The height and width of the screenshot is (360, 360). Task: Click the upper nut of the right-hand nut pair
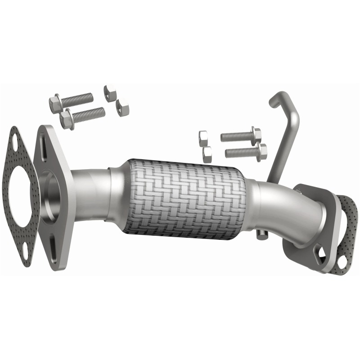click(203, 137)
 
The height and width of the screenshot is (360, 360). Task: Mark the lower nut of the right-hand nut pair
click(207, 154)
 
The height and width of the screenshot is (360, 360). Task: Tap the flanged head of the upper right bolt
click(256, 134)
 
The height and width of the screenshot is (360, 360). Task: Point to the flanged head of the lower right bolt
click(261, 152)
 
